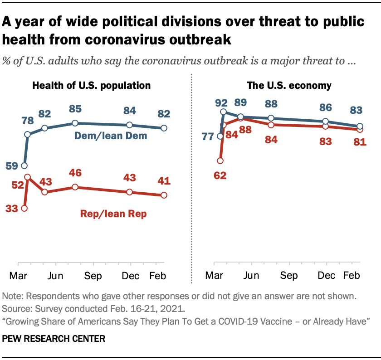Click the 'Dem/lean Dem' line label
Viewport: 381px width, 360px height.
[x=117, y=136]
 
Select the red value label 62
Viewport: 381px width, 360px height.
[x=220, y=174]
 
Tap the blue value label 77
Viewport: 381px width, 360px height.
[x=208, y=136]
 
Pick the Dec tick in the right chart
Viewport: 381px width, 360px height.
[x=325, y=276]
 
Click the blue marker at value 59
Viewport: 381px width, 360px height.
[x=24, y=166]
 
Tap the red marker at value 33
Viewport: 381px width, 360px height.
[x=24, y=209]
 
